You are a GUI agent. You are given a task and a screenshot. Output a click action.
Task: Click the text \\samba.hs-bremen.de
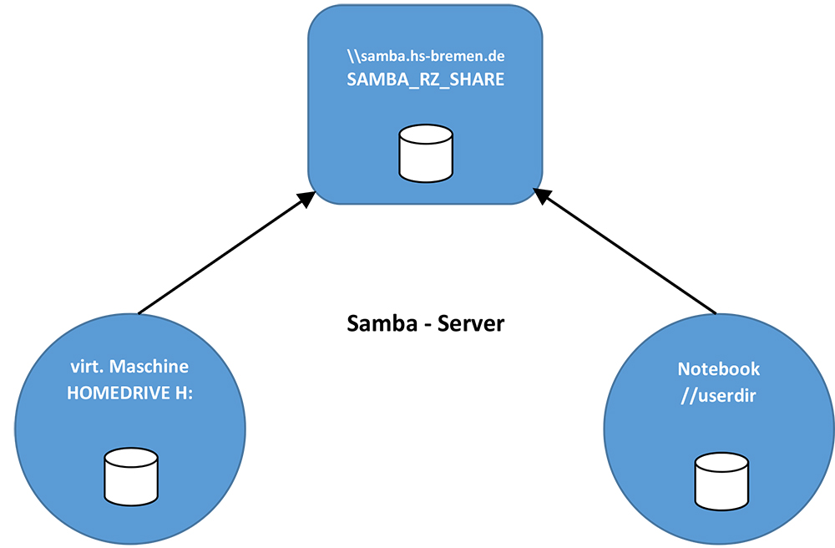426,57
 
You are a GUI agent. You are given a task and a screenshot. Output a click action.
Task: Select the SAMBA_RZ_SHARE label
426,80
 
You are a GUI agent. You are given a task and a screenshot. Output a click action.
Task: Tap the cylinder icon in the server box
426,154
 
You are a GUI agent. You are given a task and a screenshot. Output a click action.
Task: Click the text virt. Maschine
129,367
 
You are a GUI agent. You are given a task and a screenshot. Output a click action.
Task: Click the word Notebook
719,368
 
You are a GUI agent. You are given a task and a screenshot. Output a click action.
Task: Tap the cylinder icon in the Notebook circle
722,484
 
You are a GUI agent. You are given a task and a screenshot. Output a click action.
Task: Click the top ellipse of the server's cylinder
426,134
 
